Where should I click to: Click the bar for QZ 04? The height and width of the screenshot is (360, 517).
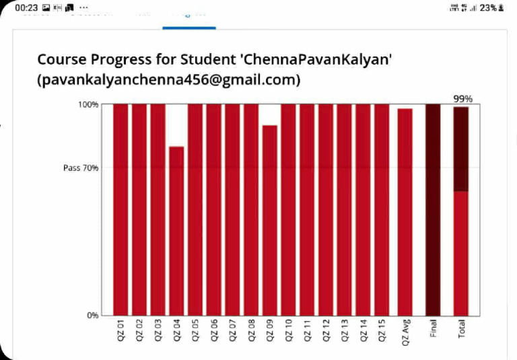coord(176,230)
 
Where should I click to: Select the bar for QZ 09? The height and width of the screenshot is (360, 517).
coord(270,220)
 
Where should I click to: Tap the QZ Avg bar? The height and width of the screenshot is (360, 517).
coord(405,211)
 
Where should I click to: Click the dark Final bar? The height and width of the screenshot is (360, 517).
coord(433,209)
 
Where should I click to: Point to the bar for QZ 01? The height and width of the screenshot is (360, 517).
coord(120,209)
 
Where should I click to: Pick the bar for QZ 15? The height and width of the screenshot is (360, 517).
coord(382,209)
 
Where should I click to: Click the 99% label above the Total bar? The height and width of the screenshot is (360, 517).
coord(462,99)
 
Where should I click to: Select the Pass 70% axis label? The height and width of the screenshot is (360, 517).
coord(81,168)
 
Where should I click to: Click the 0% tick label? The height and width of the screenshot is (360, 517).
coord(91,315)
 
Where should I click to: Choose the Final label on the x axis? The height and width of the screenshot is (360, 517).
coord(433,328)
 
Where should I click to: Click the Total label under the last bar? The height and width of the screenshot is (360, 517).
coord(462,328)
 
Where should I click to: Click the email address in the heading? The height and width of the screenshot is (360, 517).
coord(168,80)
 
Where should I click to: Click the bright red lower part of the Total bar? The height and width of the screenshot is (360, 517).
coord(461,253)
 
